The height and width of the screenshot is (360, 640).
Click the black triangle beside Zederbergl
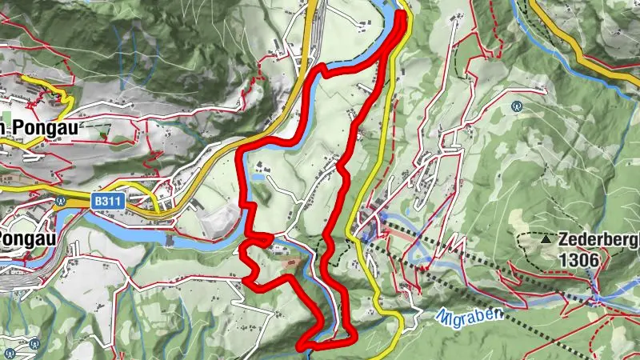pos(546,239)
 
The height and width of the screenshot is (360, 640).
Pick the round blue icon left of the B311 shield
pos(61,202)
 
